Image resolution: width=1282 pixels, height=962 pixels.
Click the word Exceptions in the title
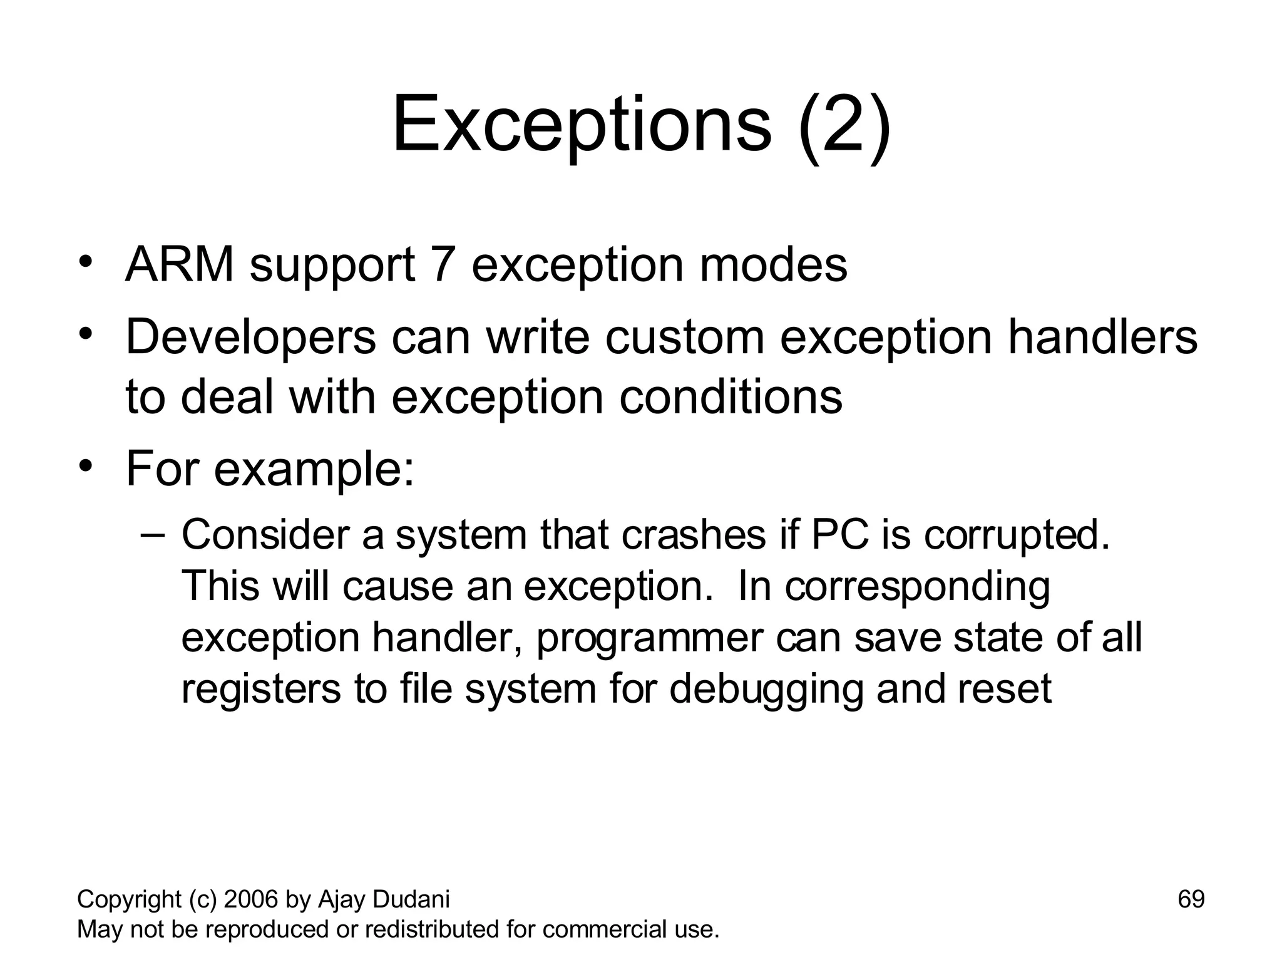coord(582,125)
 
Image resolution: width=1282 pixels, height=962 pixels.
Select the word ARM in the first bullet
coord(180,265)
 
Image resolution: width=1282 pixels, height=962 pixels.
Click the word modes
coord(774,265)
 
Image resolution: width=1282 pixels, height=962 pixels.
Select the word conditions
coord(731,397)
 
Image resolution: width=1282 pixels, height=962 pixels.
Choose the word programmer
coord(650,639)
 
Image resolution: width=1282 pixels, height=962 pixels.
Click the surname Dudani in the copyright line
coord(411,899)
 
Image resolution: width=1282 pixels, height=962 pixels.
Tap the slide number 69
coord(1191,899)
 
